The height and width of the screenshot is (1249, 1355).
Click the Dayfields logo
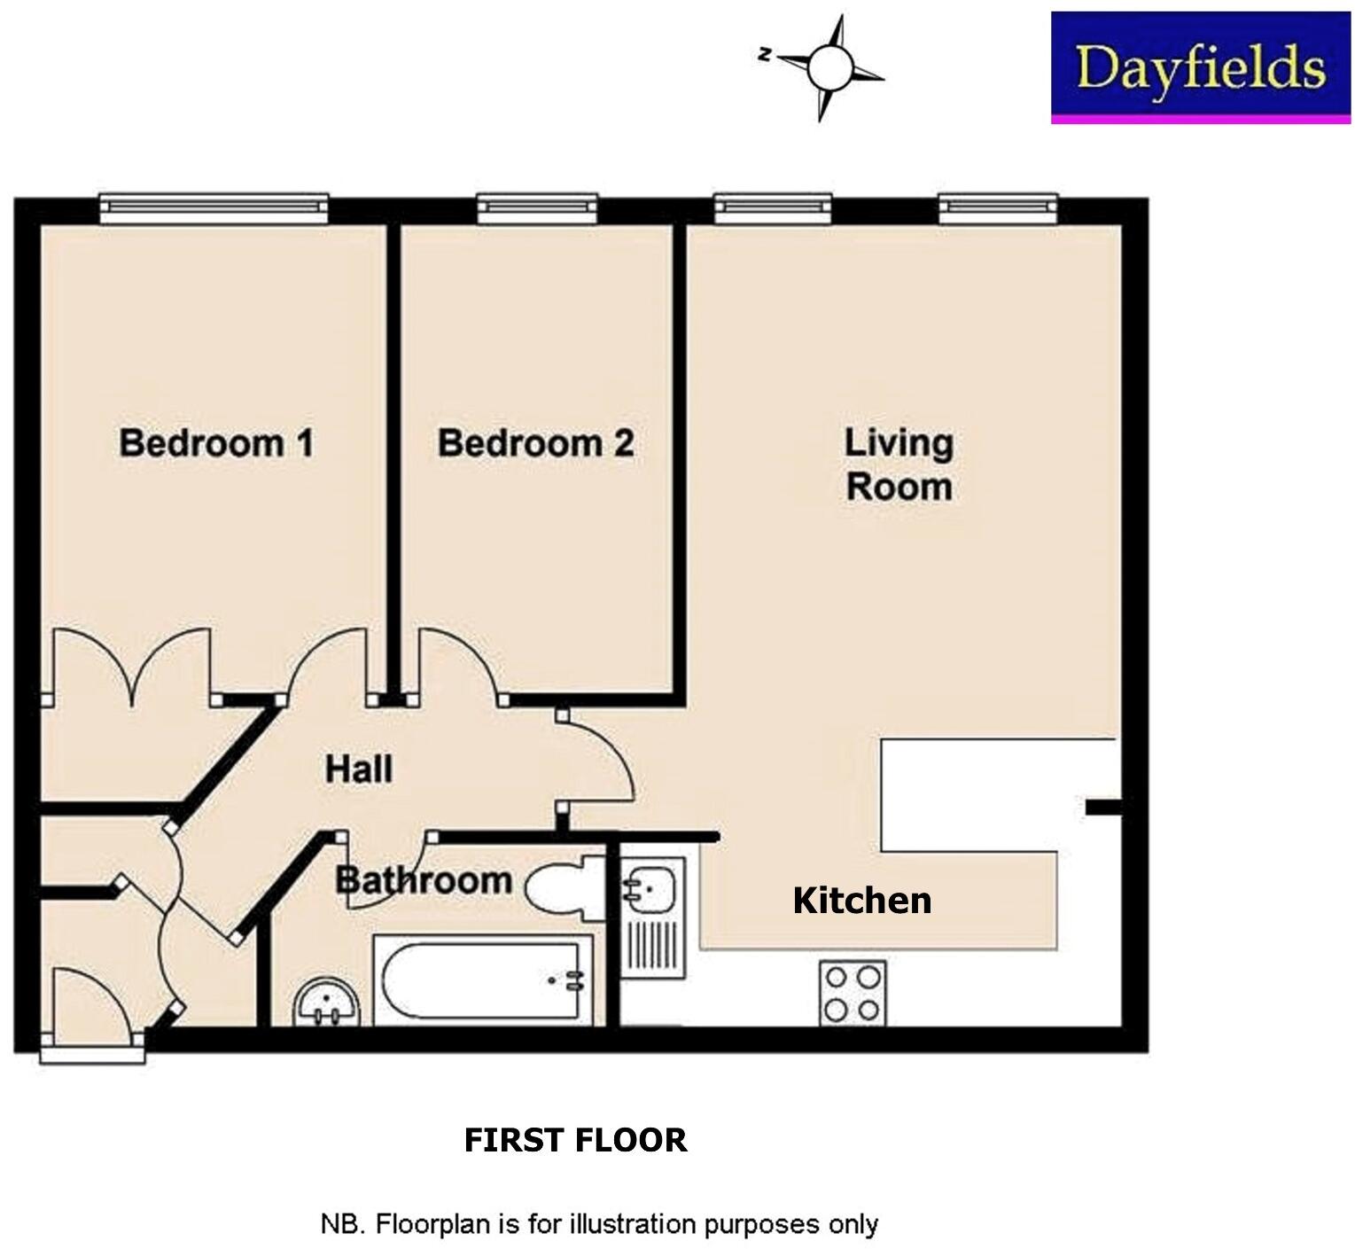pos(1201,67)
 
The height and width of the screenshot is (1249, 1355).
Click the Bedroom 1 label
pos(216,442)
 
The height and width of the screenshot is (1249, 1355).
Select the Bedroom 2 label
pos(535,442)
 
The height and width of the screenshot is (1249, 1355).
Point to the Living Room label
pos(899,464)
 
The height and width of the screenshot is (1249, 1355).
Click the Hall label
pos(358,769)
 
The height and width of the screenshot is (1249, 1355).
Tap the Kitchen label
pos(861,900)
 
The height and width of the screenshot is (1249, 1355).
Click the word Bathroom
pos(424,880)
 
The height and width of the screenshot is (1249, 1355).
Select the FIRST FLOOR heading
pos(575,1139)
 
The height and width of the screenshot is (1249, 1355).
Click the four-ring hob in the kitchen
pos(852,993)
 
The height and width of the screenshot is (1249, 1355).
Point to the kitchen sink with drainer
pos(651,917)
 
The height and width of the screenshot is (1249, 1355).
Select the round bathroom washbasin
pos(328,1003)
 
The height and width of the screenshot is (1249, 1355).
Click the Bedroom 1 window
pos(214,208)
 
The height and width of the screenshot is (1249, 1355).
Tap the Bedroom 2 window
pos(537,208)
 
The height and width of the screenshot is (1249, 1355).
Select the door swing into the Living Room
pos(598,758)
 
